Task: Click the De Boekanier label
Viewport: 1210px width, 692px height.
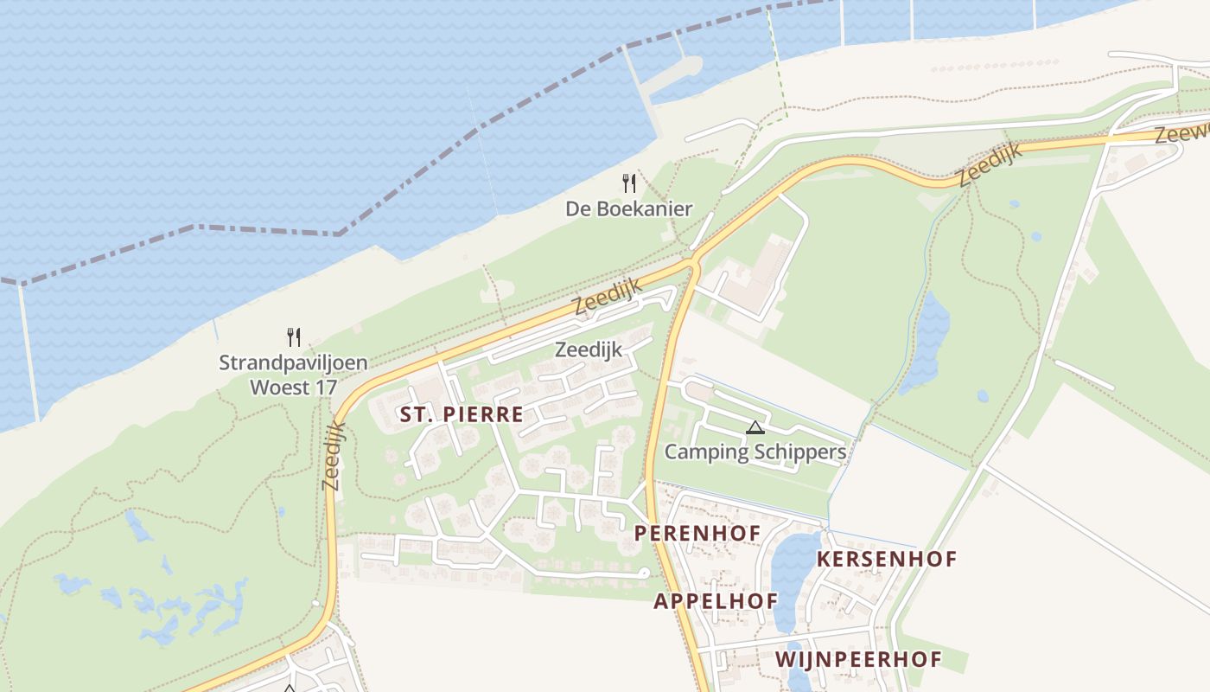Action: coord(629,208)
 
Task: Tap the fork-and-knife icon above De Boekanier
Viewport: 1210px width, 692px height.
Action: coord(629,183)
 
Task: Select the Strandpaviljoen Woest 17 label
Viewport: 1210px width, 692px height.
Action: coord(293,375)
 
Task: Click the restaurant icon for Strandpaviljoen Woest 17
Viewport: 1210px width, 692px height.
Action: coord(294,336)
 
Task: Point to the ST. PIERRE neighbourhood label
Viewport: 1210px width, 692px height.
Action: coord(462,414)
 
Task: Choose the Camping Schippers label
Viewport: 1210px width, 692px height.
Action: coord(755,452)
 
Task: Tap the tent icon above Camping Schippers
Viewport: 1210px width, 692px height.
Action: coord(755,427)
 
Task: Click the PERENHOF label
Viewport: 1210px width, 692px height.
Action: coord(697,533)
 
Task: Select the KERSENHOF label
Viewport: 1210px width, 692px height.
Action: coord(887,559)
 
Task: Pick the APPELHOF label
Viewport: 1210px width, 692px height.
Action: coord(716,600)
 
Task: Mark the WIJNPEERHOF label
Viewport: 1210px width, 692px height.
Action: coord(858,659)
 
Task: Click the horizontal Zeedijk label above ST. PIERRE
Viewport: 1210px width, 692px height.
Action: coord(589,350)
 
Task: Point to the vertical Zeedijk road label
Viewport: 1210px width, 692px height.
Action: coord(334,456)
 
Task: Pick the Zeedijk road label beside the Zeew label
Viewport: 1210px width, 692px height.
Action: coord(990,164)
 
